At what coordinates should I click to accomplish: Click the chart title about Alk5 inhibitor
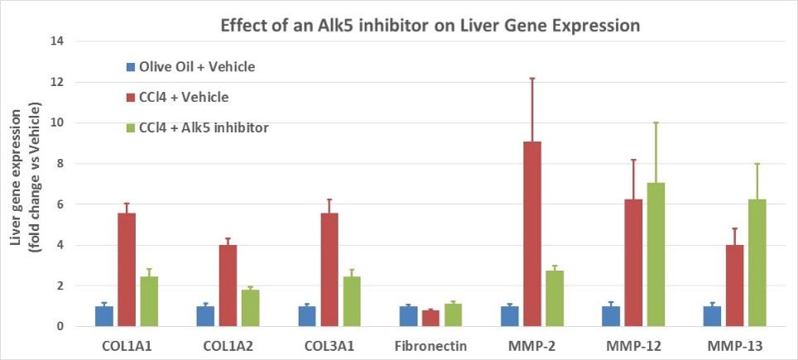430,26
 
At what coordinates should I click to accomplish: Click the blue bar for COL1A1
104,316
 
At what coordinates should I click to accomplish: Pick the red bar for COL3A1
329,270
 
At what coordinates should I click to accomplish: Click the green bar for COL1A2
250,308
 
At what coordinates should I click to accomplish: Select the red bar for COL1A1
127,270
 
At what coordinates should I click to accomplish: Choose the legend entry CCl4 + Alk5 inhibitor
203,127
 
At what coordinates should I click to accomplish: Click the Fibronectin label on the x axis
430,345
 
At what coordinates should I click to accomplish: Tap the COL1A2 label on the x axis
228,345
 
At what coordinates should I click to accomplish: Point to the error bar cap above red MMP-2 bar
532,79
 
